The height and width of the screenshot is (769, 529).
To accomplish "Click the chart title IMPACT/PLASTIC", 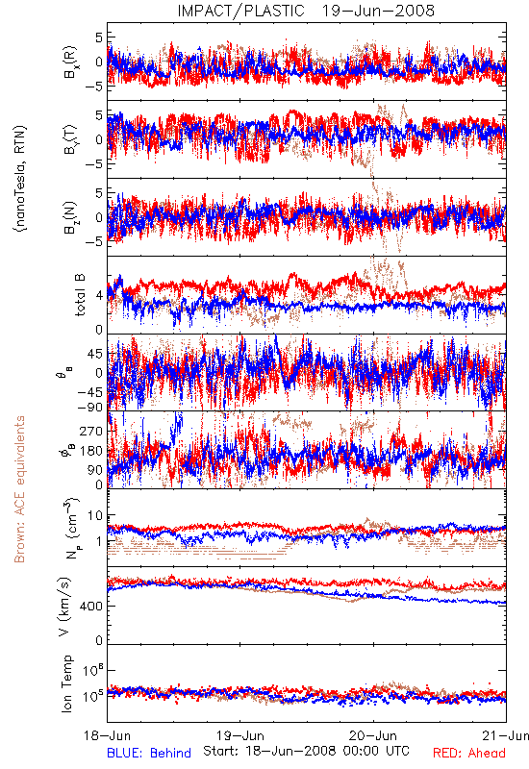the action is (x=241, y=11).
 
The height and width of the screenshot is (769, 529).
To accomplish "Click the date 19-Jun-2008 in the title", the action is (x=378, y=11).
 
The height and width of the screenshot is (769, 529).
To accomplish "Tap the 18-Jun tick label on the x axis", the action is (x=108, y=735).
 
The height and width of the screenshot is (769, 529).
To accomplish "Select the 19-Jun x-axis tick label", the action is (x=240, y=735).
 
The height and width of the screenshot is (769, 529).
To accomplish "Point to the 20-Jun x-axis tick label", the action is (x=373, y=735).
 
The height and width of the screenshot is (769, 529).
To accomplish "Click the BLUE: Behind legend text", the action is (x=149, y=753).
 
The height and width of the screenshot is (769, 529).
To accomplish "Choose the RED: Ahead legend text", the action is (x=469, y=753).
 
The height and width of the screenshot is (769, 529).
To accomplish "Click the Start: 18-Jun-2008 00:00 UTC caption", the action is (x=306, y=751).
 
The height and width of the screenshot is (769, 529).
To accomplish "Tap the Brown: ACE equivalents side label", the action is (x=19, y=489).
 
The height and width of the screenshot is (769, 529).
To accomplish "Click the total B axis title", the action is (x=80, y=295).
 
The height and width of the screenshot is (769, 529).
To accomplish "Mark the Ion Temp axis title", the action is (x=67, y=683).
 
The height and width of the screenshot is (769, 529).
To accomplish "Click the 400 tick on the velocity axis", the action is (x=91, y=607).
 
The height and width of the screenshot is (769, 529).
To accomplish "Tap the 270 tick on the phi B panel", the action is (x=91, y=431).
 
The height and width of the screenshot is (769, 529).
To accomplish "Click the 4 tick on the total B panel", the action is (x=100, y=295).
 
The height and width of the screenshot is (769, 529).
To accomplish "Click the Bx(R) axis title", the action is (x=69, y=62).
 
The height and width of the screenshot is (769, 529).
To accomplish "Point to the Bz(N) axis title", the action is (x=69, y=217).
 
